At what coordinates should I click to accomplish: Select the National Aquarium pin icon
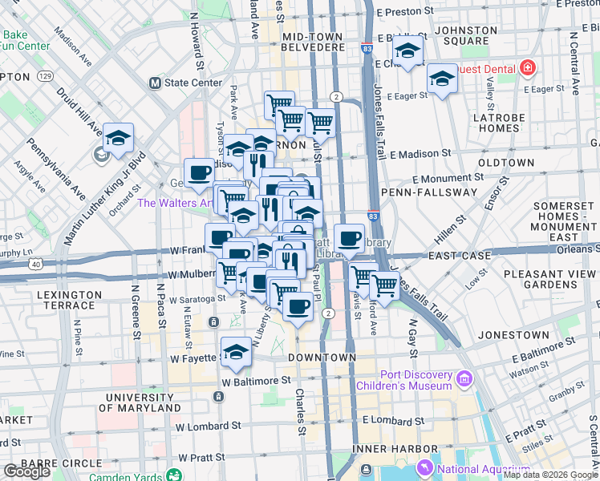coord(424,467)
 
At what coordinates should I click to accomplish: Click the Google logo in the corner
coord(26,471)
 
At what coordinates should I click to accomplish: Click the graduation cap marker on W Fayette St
coord(236,350)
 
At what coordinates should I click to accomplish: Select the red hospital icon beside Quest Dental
coord(527,67)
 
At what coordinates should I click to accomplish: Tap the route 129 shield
coord(45,76)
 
